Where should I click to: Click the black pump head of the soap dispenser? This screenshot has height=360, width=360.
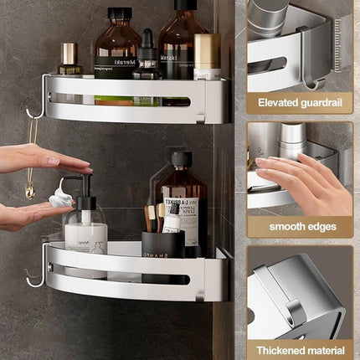[x=83, y=185]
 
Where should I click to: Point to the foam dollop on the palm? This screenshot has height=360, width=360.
[x=60, y=198]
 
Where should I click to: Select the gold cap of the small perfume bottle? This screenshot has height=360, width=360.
[x=69, y=53]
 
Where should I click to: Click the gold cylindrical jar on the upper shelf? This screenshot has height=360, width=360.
[x=206, y=55]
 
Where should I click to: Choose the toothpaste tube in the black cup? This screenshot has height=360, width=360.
[x=172, y=219]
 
